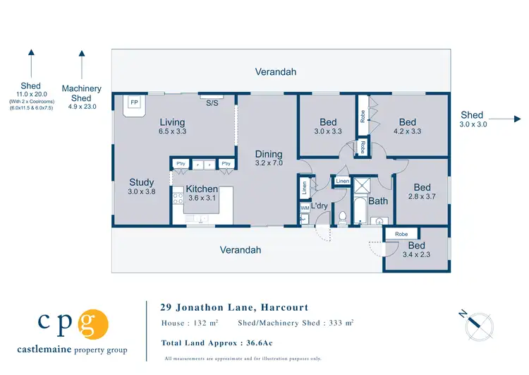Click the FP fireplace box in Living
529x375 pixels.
(133, 103)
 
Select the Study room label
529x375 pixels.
(142, 182)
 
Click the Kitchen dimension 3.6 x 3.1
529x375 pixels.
(202, 199)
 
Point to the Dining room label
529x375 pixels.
(269, 154)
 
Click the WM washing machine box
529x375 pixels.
(305, 208)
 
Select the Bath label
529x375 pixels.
(379, 201)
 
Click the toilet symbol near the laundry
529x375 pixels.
(343, 217)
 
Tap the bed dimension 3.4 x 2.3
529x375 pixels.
(416, 254)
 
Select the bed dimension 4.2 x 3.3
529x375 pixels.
(407, 132)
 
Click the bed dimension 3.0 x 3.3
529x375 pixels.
(328, 132)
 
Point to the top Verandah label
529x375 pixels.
(276, 72)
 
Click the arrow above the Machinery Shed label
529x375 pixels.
(82, 65)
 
